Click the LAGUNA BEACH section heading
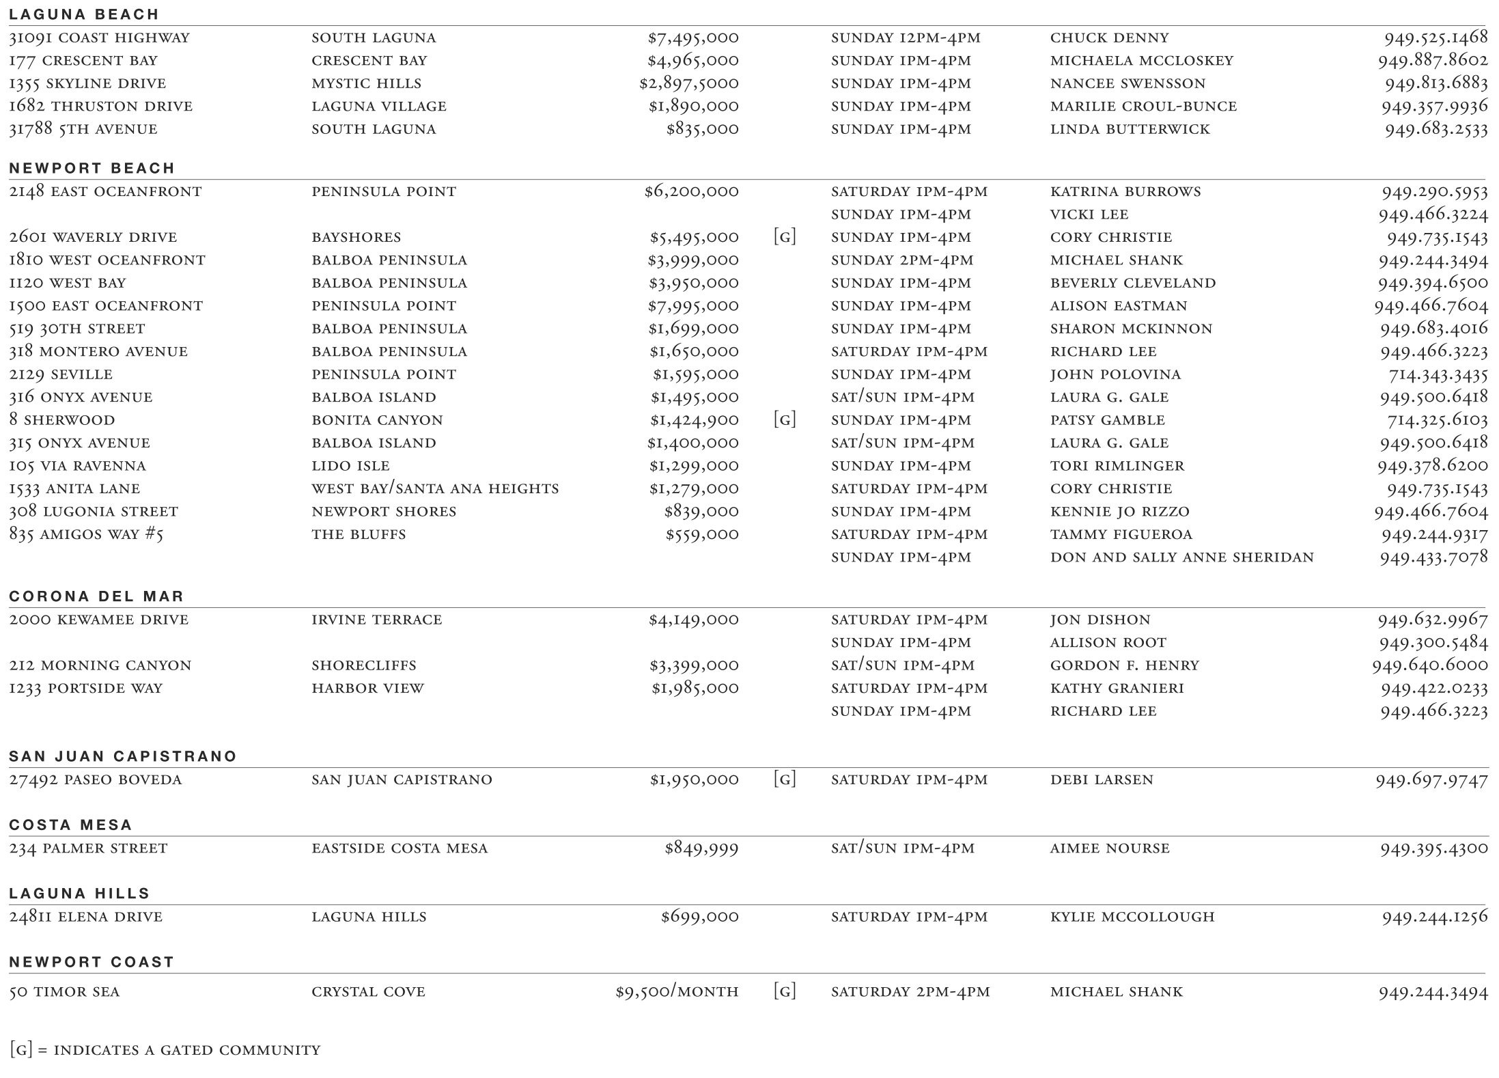pos(83,14)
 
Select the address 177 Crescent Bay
pos(83,61)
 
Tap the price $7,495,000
pos(692,38)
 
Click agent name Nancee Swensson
pos(1127,83)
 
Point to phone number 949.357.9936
pos(1433,107)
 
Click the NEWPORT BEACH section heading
pos(92,168)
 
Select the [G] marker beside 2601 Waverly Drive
pos(785,237)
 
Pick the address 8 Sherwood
pos(61,420)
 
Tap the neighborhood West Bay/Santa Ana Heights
pos(435,488)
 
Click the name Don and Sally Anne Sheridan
pos(1181,557)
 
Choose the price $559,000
pos(702,534)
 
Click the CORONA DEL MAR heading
pos(96,596)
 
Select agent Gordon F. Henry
pos(1124,665)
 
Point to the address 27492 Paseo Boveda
pos(95,779)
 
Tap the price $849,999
pos(701,848)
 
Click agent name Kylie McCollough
pos(1132,917)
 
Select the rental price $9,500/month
pos(676,992)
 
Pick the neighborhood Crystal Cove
pos(368,992)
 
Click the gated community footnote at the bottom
pos(165,1050)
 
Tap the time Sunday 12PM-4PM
pos(906,38)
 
